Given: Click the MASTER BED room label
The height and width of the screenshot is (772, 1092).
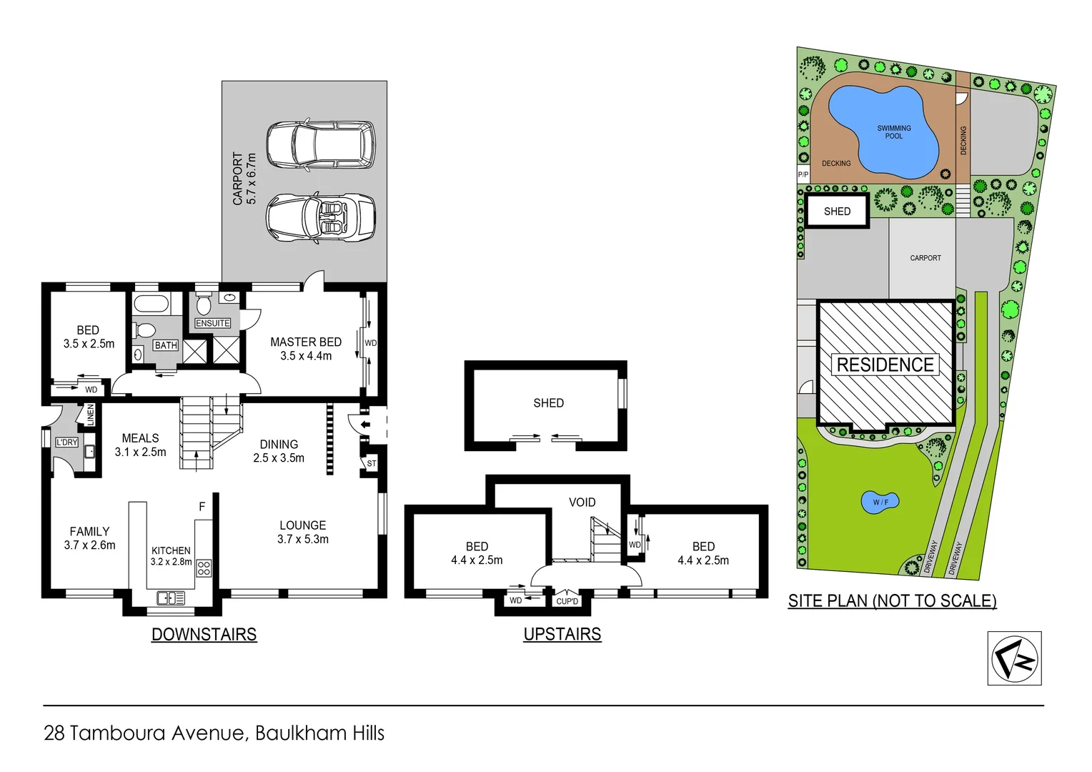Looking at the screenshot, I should [x=306, y=342].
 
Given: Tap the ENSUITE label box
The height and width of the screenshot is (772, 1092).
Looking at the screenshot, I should [x=213, y=323].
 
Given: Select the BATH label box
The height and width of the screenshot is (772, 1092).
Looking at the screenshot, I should [x=166, y=345].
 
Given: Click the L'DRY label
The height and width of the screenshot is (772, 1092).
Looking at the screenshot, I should [x=66, y=442].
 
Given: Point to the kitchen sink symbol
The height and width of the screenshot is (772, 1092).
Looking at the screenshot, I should [x=171, y=598].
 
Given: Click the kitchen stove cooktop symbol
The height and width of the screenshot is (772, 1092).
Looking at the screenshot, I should [x=204, y=568].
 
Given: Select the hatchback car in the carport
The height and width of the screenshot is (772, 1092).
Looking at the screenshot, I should [x=321, y=144].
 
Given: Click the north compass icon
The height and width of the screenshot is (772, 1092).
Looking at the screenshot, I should [x=1014, y=658].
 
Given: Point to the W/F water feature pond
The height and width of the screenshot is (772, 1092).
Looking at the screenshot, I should [x=880, y=502].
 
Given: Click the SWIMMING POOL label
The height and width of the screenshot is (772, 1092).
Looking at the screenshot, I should [x=893, y=132].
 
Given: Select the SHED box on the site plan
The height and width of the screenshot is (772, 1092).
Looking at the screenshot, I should [x=837, y=212].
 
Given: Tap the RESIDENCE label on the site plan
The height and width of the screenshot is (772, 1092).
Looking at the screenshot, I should [x=885, y=365].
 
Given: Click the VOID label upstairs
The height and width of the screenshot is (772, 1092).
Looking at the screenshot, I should [x=582, y=503].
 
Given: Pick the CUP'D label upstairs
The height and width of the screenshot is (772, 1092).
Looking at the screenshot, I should [x=567, y=601].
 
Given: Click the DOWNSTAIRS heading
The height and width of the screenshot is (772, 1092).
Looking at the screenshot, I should [x=204, y=634].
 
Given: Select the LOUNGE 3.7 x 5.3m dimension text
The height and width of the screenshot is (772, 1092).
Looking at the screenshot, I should [x=303, y=540].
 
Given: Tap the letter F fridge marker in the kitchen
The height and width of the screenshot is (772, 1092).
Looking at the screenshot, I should [x=202, y=507].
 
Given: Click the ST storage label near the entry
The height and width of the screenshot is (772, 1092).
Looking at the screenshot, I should [x=371, y=464].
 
